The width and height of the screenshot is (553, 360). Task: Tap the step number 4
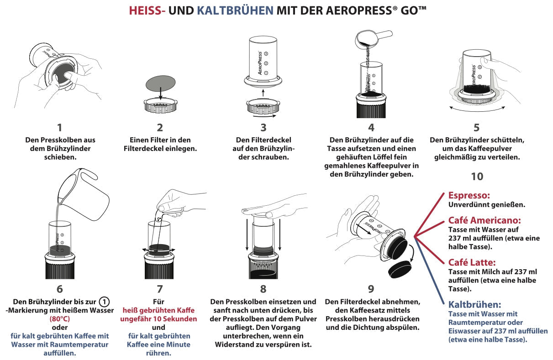(371, 128)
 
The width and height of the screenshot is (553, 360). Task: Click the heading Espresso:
(470, 195)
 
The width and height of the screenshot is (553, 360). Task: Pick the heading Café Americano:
(485, 221)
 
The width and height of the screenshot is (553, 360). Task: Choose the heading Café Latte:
(472, 262)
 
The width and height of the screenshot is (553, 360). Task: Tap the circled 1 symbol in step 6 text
(105, 302)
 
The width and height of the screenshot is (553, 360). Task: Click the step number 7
(159, 289)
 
